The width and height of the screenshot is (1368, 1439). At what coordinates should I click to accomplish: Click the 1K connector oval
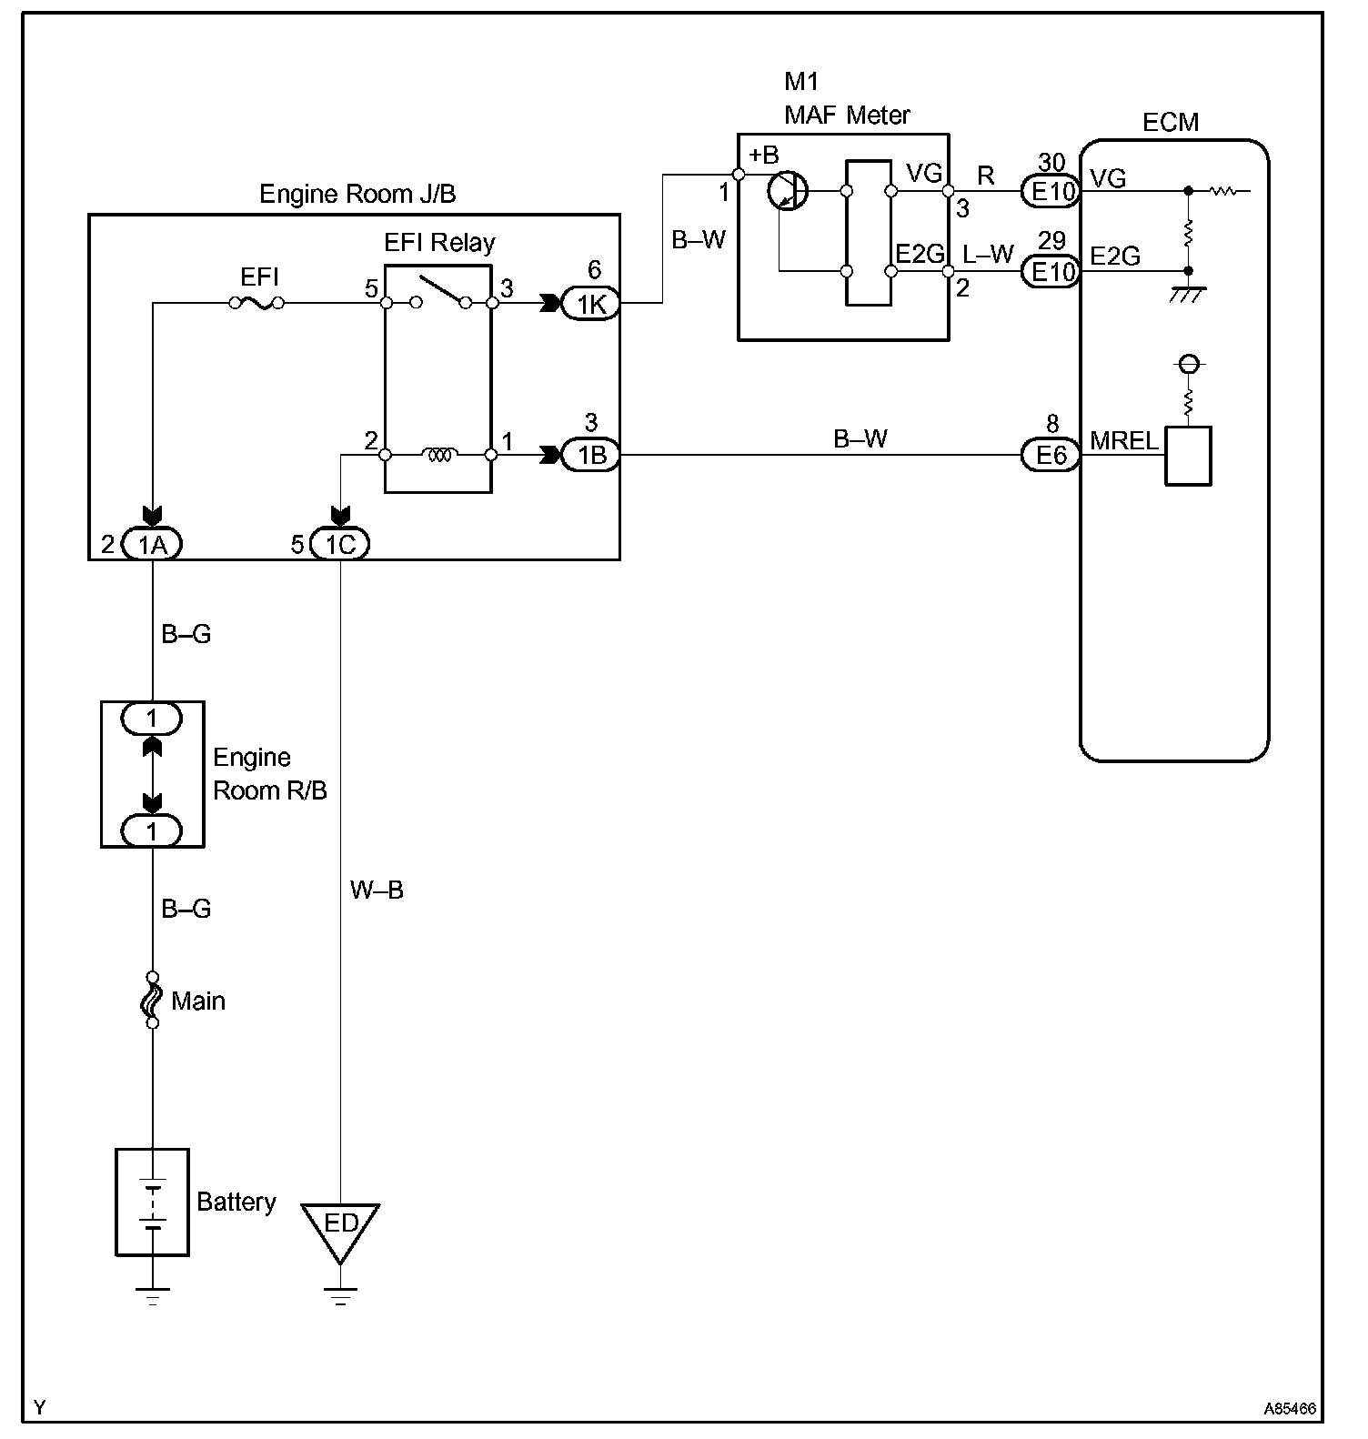pos(591,304)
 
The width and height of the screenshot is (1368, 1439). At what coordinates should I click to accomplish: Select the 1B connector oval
pos(591,454)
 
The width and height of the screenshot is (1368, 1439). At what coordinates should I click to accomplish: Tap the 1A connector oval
pos(152,544)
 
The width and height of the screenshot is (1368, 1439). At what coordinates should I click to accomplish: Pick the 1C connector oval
pos(339,544)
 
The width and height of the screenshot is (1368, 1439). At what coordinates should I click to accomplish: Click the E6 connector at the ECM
pos(1051,454)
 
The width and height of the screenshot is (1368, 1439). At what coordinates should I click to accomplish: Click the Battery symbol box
pos(152,1202)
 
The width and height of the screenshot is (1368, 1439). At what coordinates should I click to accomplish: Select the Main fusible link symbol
pos(152,999)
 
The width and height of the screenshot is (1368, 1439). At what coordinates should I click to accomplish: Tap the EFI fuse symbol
pos(256,303)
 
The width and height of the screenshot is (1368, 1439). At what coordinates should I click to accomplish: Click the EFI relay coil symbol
pos(438,454)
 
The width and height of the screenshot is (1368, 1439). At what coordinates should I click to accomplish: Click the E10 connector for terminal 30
pos(1051,191)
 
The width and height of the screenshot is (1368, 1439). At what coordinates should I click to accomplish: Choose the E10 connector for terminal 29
pos(1051,270)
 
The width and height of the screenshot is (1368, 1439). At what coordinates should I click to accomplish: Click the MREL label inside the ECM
pos(1124,441)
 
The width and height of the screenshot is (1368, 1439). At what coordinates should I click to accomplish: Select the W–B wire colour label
pos(377,890)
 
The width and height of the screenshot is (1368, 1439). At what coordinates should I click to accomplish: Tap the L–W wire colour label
pos(989,254)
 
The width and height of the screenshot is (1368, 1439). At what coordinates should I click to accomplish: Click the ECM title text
pos(1171,122)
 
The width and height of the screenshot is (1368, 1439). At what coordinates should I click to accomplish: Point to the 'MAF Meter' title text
pos(847,115)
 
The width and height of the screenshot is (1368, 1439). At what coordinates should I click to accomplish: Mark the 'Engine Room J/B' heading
pos(357,193)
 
